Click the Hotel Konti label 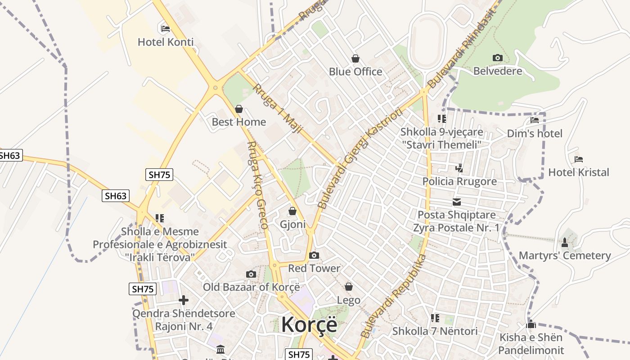click(x=166, y=42)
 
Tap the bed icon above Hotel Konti click(x=166, y=29)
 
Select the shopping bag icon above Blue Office click(x=355, y=58)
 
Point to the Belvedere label click(x=497, y=71)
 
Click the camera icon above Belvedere click(x=497, y=58)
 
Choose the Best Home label click(x=238, y=122)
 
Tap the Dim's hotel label click(x=535, y=134)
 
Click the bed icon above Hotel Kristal click(x=579, y=159)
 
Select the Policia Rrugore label click(x=459, y=181)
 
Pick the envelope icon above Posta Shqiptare click(x=457, y=202)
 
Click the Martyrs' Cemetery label click(x=565, y=256)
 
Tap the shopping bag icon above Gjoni click(x=292, y=211)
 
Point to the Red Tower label click(x=314, y=269)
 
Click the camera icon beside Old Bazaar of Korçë click(x=251, y=274)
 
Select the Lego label click(x=349, y=300)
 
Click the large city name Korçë click(x=309, y=324)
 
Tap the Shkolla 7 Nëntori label click(x=435, y=331)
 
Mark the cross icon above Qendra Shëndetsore click(x=184, y=300)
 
